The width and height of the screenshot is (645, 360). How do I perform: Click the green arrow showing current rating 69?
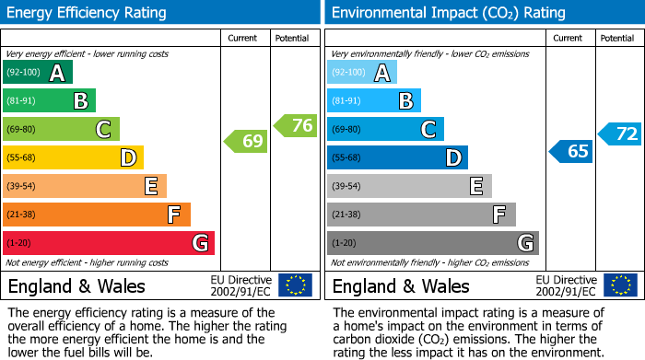246,142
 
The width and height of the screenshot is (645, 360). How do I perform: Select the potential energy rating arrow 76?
296,126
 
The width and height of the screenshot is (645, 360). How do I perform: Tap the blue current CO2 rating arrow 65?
570,151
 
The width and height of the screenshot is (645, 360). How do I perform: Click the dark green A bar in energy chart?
37,73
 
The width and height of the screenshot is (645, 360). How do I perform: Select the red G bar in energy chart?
109,243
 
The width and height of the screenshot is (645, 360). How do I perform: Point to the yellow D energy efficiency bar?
73,158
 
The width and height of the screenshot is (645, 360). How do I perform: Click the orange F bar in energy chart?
97,215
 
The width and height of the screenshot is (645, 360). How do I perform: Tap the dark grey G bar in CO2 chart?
432,243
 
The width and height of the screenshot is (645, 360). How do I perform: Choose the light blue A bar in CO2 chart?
362,73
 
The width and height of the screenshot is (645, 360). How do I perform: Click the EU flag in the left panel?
295,285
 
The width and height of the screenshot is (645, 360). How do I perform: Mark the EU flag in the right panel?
621,285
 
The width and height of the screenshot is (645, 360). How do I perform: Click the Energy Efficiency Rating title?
87,13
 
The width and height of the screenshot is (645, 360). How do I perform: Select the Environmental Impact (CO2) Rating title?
447,13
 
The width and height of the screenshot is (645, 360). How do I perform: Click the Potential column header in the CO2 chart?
616,38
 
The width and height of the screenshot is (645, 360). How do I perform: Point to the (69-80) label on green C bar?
21,130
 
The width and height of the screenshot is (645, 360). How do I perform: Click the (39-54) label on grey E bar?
346,187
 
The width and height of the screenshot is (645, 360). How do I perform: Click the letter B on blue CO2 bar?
405,101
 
